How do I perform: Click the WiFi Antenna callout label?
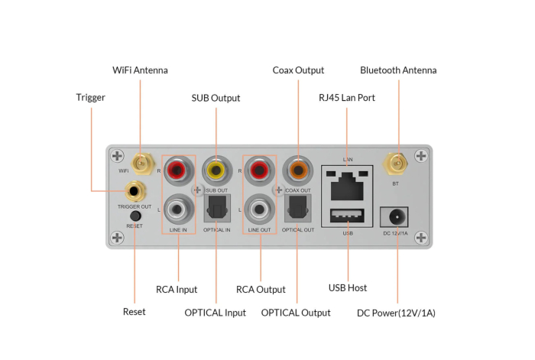(x=140, y=70)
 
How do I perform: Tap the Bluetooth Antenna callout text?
(x=398, y=70)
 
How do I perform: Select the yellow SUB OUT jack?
(x=216, y=168)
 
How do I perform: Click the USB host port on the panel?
(x=348, y=216)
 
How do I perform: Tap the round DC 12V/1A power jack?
(x=397, y=216)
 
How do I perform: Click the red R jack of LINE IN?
(x=179, y=168)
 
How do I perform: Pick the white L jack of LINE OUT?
(x=260, y=208)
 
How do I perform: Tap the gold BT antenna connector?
(x=395, y=162)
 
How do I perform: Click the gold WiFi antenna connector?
(x=141, y=162)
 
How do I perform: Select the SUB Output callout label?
(x=216, y=98)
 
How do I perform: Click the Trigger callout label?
(x=90, y=98)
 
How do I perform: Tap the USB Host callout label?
(x=348, y=288)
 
